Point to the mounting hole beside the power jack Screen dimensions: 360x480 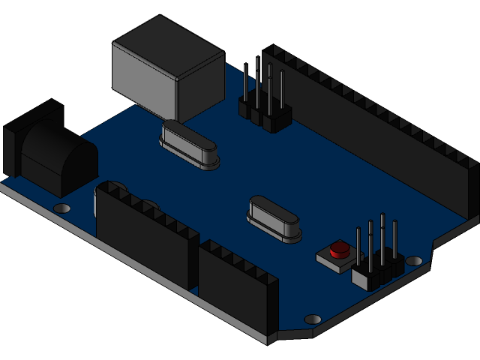tap(63, 208)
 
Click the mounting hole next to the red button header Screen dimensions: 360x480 tap(414, 261)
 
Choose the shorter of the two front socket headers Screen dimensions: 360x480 tap(236, 289)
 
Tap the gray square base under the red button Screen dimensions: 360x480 tap(330, 259)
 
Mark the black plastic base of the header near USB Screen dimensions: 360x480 tap(266, 116)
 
